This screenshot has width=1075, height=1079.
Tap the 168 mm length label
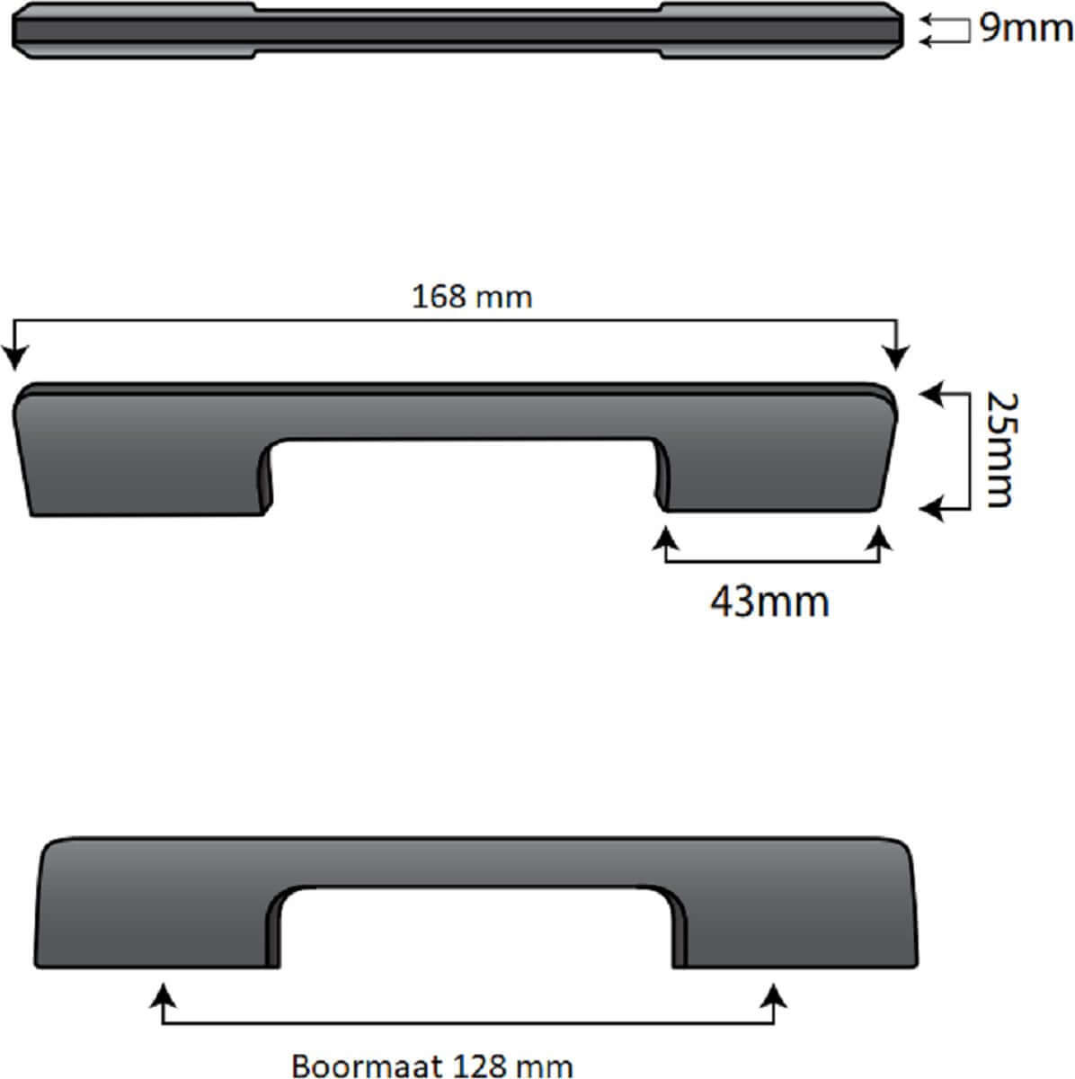coord(472,297)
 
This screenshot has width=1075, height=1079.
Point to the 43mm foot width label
coord(769,601)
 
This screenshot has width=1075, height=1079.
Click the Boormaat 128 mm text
coord(432,1066)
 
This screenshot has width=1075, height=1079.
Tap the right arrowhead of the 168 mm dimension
coord(896,358)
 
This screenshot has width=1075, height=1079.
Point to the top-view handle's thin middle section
coord(458,29)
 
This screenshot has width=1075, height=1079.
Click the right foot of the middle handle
coord(773,477)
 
